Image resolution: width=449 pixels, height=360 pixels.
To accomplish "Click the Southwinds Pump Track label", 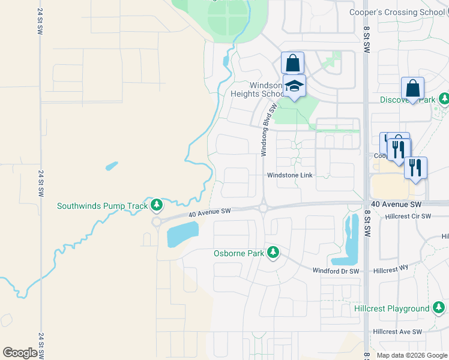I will click(x=102, y=206).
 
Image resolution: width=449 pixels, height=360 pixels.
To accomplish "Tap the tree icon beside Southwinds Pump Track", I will click(x=157, y=206).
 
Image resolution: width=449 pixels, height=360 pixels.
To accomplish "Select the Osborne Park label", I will click(x=239, y=253).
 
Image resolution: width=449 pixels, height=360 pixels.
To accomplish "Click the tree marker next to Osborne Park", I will click(x=273, y=252).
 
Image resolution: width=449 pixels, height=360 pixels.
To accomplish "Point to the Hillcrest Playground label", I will click(x=391, y=309).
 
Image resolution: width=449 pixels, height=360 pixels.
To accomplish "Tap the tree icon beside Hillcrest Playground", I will click(x=438, y=308).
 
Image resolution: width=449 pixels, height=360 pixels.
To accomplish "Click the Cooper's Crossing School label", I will click(x=399, y=12).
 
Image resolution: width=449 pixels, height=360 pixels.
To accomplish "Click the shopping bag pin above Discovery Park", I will click(x=413, y=88).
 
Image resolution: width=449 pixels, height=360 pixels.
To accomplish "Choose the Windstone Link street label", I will click(x=291, y=175).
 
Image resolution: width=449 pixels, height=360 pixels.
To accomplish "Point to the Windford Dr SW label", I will click(x=336, y=271).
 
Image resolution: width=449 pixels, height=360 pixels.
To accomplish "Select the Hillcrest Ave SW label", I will click(x=397, y=332).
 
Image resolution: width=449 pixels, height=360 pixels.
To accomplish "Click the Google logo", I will click(x=20, y=352).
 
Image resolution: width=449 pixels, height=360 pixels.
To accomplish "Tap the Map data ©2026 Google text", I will click(x=412, y=355).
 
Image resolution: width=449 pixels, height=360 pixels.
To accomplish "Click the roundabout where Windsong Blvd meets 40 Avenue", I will click(x=264, y=208).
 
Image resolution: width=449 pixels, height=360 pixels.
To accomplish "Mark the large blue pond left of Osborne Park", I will click(x=182, y=234).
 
